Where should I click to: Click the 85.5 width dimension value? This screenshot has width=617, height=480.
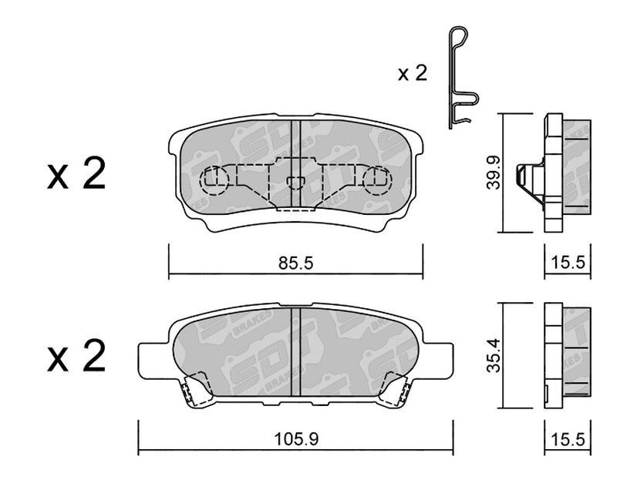click(x=295, y=263)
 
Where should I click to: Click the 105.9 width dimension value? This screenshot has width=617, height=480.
click(x=296, y=439)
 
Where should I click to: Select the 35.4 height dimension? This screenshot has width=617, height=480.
click(x=493, y=354)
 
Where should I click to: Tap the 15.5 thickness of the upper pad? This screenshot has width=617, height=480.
click(x=568, y=262)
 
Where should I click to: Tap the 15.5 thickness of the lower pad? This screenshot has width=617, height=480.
click(x=568, y=439)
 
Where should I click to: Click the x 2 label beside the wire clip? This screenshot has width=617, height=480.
click(x=412, y=73)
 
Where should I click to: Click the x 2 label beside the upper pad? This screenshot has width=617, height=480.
click(x=76, y=173)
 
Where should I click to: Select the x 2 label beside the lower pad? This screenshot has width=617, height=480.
click(x=76, y=355)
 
